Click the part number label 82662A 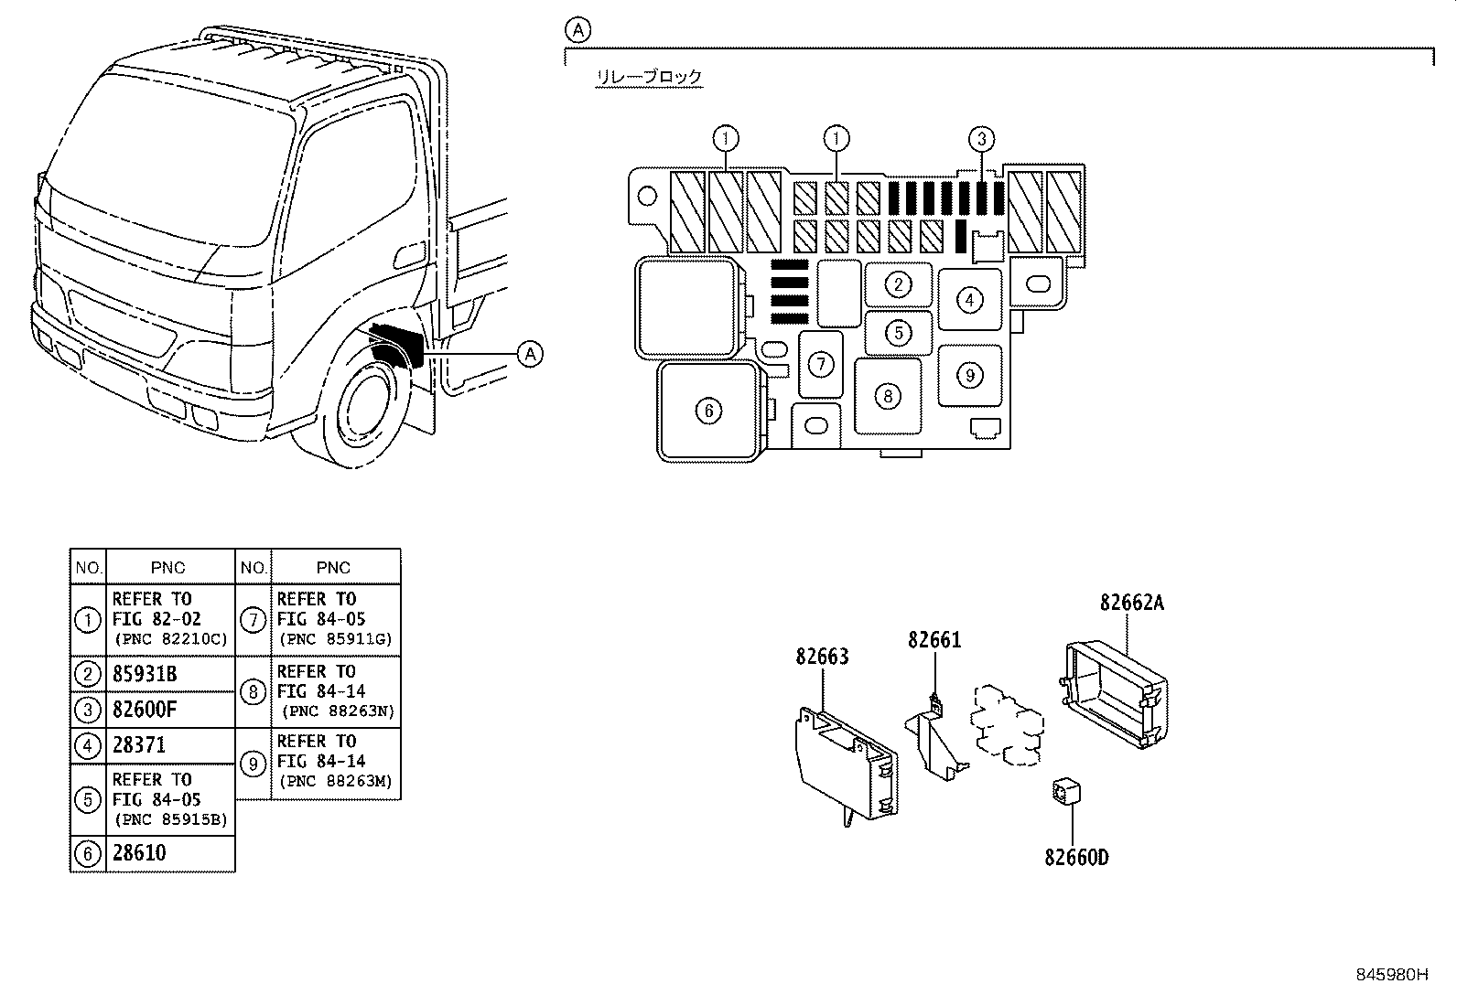[x=1131, y=603]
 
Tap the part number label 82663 [x=822, y=657]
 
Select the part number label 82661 [x=934, y=640]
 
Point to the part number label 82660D [x=1076, y=858]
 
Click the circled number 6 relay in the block [x=708, y=411]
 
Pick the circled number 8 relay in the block [x=888, y=396]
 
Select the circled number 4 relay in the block [x=969, y=299]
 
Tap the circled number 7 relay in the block [x=821, y=364]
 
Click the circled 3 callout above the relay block [x=981, y=139]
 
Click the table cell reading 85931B [x=145, y=675]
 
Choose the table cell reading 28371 [x=139, y=745]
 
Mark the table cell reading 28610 [x=139, y=853]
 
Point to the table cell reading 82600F [x=145, y=710]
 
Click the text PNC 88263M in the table [x=337, y=781]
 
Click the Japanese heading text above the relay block [x=648, y=77]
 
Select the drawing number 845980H [x=1391, y=975]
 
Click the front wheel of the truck [x=371, y=412]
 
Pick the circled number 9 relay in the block [x=970, y=374]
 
